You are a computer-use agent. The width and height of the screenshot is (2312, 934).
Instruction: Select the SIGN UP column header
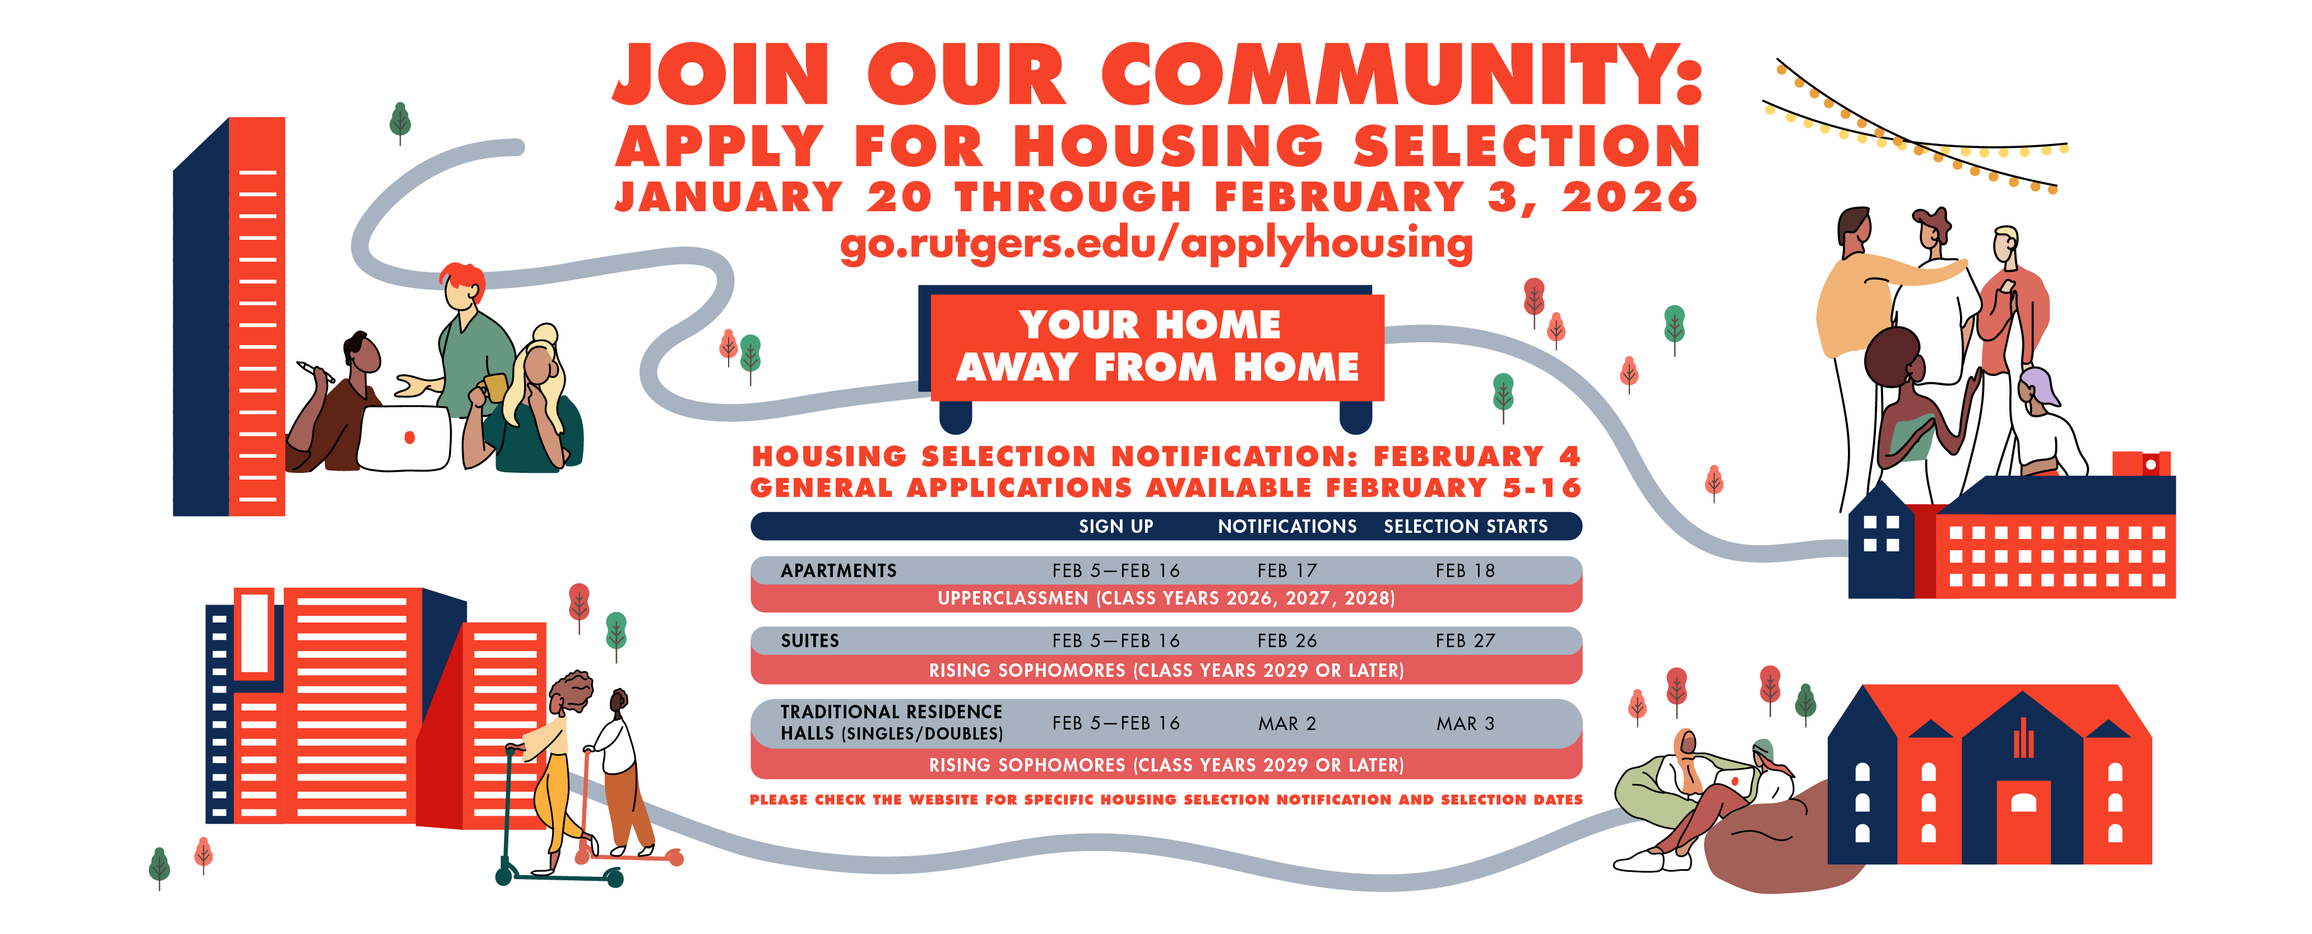[x=1115, y=527]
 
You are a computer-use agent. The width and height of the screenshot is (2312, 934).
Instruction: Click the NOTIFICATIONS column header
[x=1287, y=527]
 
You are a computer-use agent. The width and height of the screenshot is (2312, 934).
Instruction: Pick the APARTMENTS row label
[x=838, y=570]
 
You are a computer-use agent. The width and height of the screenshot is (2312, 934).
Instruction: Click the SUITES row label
[x=809, y=640]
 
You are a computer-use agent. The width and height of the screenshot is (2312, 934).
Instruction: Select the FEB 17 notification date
[x=1287, y=570]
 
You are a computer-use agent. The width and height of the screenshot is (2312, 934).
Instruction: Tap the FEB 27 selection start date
[x=1465, y=640]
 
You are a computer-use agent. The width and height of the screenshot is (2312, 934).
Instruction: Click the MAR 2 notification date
[x=1287, y=723]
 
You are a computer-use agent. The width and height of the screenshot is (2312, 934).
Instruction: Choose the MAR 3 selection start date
[x=1465, y=723]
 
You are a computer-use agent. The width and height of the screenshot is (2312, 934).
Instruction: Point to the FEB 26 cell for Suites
[x=1287, y=640]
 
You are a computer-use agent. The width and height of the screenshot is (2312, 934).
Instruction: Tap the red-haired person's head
[x=462, y=285]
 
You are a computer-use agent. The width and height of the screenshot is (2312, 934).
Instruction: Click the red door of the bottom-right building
[x=2023, y=821]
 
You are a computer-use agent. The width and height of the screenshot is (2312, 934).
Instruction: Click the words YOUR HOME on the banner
[x=1150, y=325]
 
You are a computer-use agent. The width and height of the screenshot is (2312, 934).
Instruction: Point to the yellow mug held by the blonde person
[x=494, y=388]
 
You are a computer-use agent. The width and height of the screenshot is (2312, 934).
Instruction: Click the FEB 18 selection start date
[x=1465, y=570]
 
